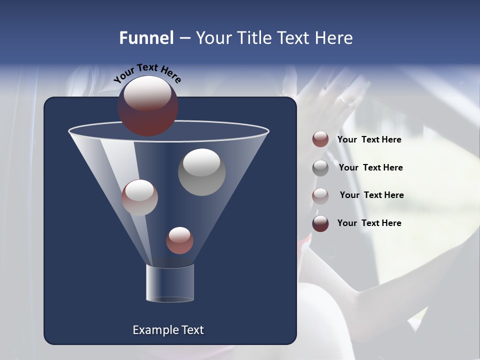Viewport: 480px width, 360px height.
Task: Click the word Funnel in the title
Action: (146, 38)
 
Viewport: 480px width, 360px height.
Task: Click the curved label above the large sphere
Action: (147, 73)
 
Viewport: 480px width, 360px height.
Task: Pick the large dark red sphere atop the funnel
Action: (148, 106)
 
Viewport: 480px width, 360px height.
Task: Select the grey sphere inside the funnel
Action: (201, 172)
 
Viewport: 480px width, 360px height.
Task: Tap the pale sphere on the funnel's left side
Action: (139, 197)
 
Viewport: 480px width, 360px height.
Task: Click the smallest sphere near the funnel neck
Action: (179, 240)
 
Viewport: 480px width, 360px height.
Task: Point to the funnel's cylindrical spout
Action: (169, 283)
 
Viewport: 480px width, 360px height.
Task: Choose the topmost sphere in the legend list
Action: (320, 139)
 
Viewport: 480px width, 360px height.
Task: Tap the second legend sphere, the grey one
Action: (320, 167)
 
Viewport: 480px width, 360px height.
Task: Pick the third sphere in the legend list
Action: (320, 195)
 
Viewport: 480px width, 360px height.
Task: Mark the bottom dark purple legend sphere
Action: (320, 223)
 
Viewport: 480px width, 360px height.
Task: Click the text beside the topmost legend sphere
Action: (369, 140)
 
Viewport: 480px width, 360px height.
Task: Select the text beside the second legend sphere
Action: (370, 167)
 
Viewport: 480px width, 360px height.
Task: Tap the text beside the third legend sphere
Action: (371, 195)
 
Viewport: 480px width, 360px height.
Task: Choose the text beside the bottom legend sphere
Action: (369, 223)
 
